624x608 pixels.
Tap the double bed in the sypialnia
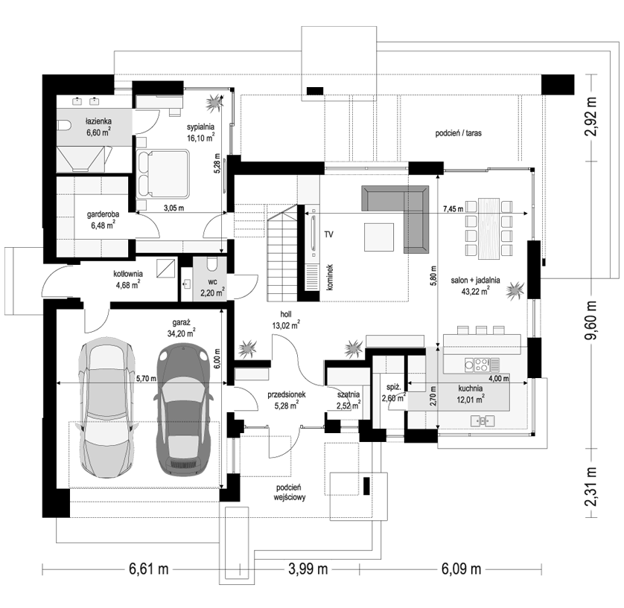pos(163,173)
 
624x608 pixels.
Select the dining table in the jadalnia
pos(489,228)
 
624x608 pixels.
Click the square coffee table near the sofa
pos(379,237)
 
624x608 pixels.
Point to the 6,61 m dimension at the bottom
pos(148,569)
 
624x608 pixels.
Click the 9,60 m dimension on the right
pos(592,320)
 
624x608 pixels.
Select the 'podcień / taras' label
pos(458,133)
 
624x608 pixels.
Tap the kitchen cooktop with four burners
pos(477,365)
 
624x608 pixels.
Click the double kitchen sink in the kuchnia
pos(483,420)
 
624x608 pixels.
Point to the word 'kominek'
pos(331,277)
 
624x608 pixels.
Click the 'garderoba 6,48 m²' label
pos(103,220)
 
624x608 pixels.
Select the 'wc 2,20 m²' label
pos(212,288)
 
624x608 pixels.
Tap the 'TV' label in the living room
pos(328,234)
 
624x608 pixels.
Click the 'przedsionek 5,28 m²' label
pos(286,400)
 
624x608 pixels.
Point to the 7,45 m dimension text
pos(453,209)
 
